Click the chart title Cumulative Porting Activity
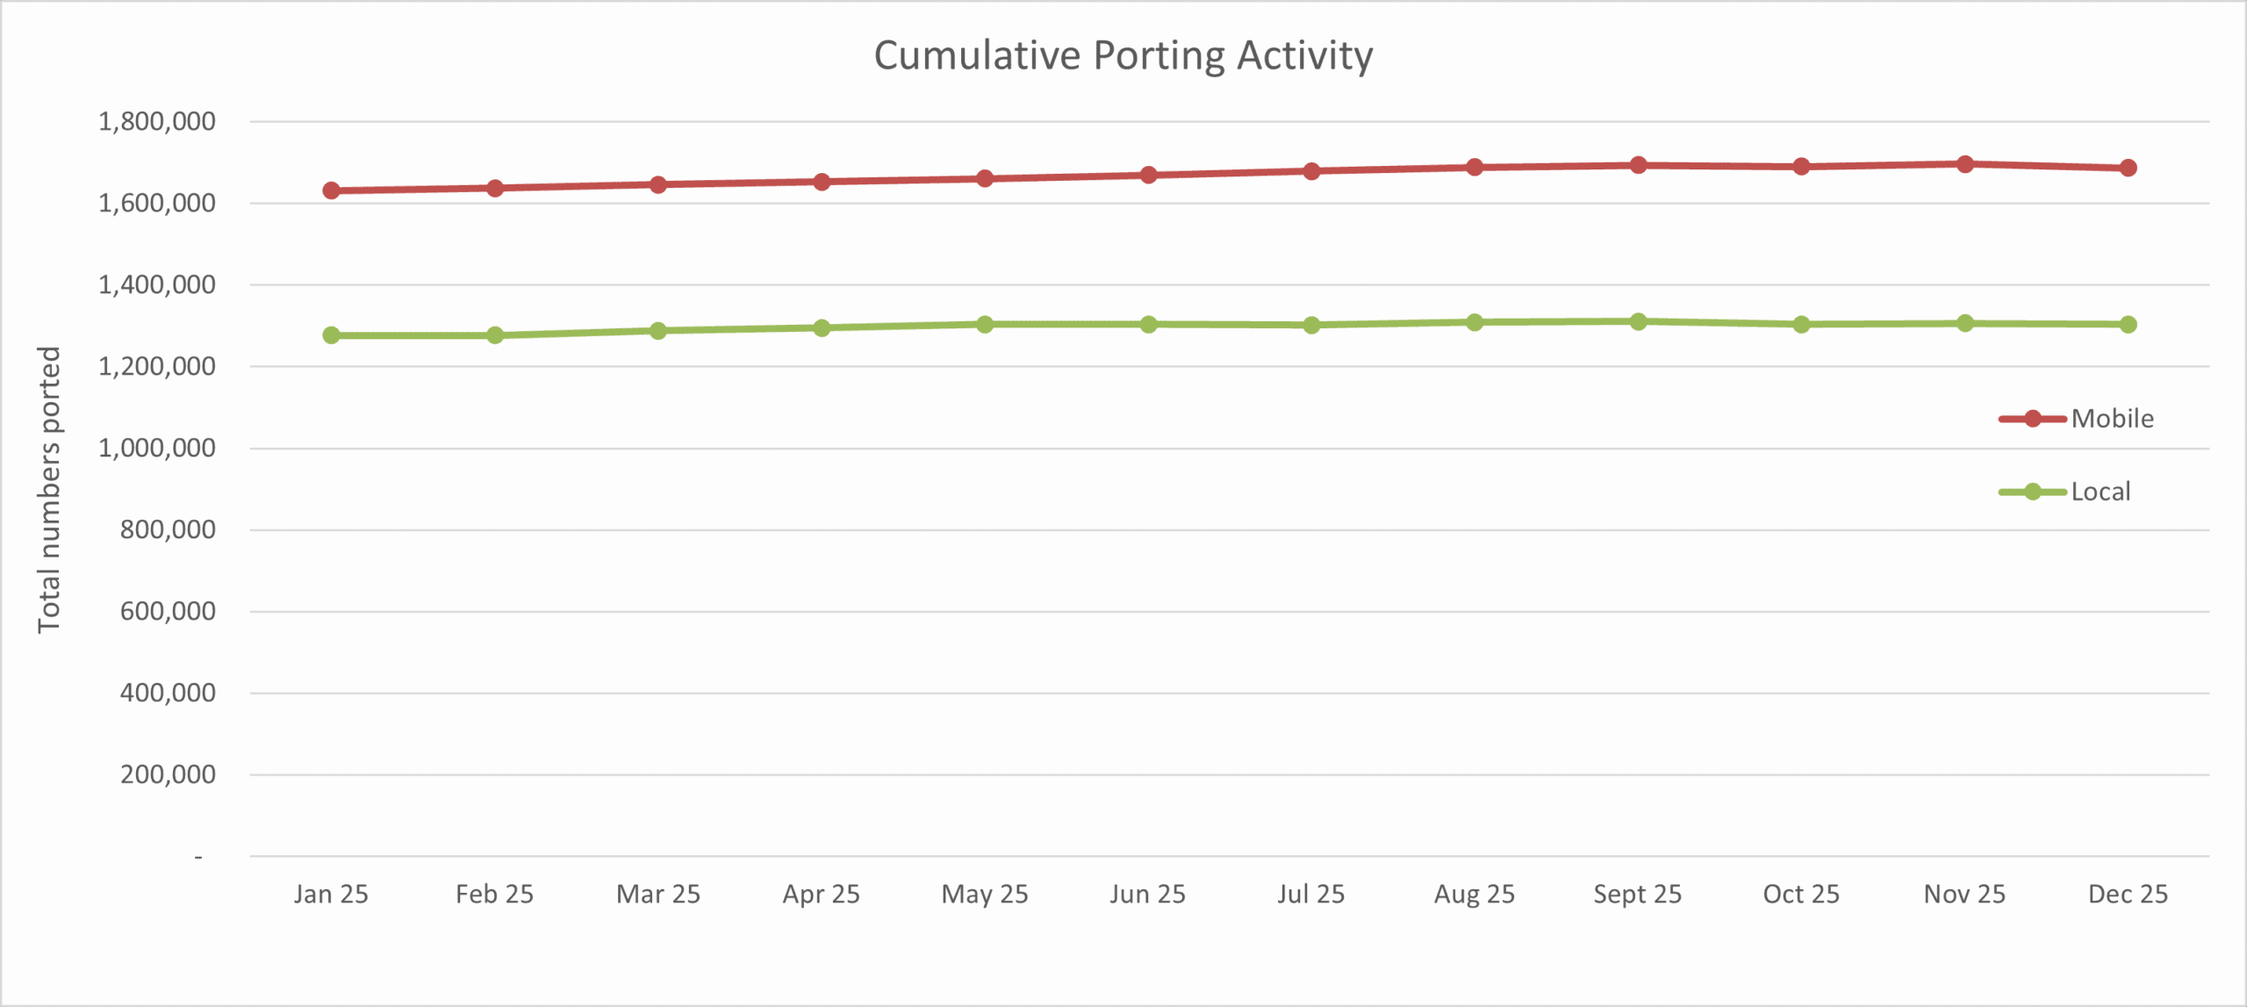1123,56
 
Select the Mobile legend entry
2111,419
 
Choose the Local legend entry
2100,492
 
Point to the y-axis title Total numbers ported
49,489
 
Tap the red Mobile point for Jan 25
331,191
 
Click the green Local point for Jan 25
331,335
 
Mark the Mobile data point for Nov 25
1964,164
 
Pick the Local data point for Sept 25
1638,321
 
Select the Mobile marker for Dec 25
2128,168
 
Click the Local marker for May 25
985,324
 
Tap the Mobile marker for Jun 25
1148,175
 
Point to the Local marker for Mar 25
658,331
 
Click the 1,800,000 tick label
157,121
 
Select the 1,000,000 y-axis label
157,448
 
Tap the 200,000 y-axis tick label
168,774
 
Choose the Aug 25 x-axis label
1475,894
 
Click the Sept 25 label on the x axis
1638,894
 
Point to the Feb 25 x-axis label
494,894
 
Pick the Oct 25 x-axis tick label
1801,894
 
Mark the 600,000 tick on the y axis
168,611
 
